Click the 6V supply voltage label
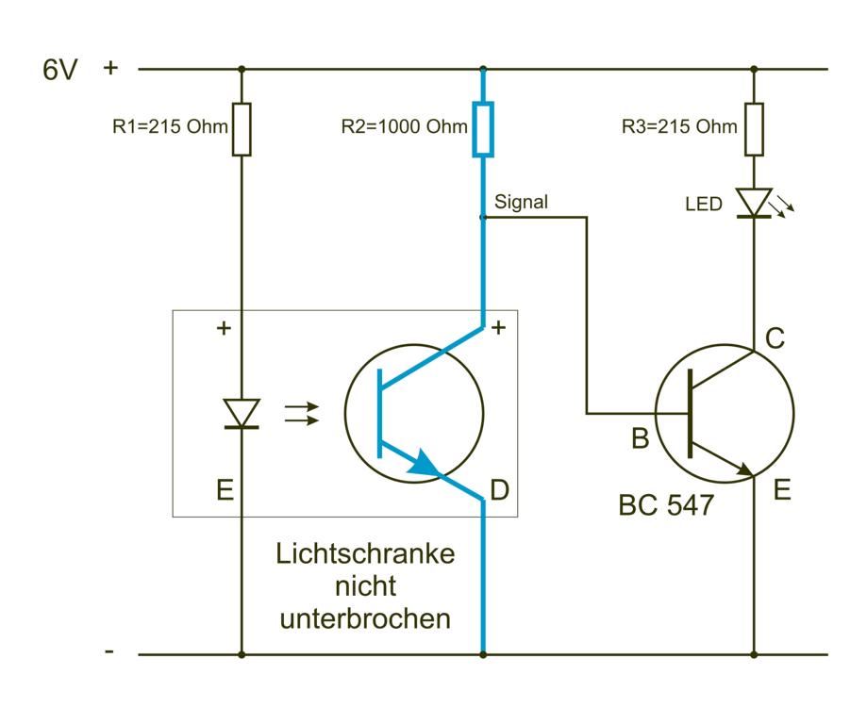click(x=60, y=70)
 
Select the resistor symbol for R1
click(x=242, y=129)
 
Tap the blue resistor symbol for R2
click(x=484, y=129)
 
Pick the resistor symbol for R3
click(x=754, y=129)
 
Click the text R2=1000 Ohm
click(x=404, y=127)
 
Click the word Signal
click(x=521, y=202)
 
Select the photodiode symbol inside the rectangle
click(x=242, y=413)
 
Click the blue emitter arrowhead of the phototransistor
click(x=424, y=463)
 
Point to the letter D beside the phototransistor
click(x=500, y=490)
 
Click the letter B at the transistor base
click(x=640, y=438)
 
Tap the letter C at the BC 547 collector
click(x=775, y=339)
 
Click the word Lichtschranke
click(x=365, y=553)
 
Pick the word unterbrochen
click(x=365, y=619)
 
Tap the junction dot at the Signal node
click(x=484, y=217)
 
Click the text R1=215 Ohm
click(x=170, y=127)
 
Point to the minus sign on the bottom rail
click(x=110, y=651)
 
